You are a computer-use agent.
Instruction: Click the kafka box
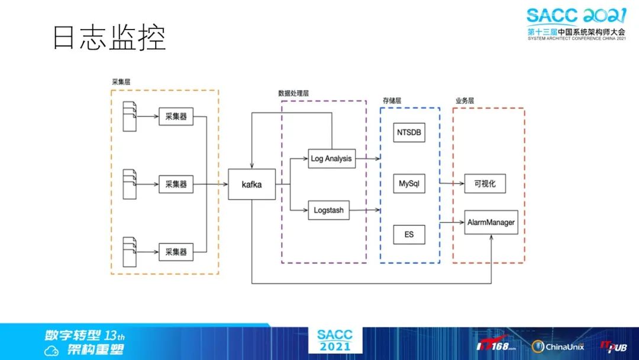pyautogui.click(x=251, y=184)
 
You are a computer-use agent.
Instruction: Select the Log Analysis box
pyautogui.click(x=331, y=158)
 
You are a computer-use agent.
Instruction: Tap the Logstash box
pyautogui.click(x=328, y=210)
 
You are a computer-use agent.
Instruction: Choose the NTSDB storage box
pyautogui.click(x=409, y=132)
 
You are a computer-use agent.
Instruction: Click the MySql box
pyautogui.click(x=409, y=184)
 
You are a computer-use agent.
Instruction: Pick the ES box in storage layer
pyautogui.click(x=409, y=234)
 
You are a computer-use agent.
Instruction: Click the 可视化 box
pyautogui.click(x=485, y=184)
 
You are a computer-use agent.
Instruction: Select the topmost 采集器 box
pyautogui.click(x=176, y=117)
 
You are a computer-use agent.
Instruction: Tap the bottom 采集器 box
pyautogui.click(x=176, y=252)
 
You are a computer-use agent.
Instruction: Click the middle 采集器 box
pyautogui.click(x=176, y=184)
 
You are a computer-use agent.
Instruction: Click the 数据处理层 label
pyautogui.click(x=293, y=94)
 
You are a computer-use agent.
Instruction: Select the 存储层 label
pyautogui.click(x=392, y=101)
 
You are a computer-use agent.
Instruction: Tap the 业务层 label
pyautogui.click(x=464, y=101)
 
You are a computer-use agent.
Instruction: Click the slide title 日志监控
pyautogui.click(x=109, y=37)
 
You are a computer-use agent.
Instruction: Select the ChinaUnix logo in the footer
pyautogui.click(x=556, y=346)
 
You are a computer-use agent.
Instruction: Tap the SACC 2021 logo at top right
pyautogui.click(x=575, y=24)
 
